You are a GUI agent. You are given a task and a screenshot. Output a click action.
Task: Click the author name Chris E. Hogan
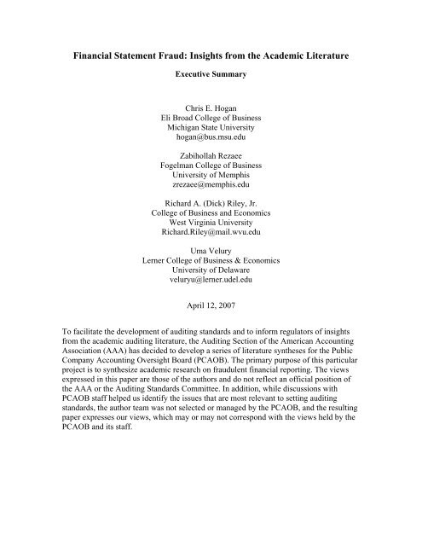click(x=211, y=109)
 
